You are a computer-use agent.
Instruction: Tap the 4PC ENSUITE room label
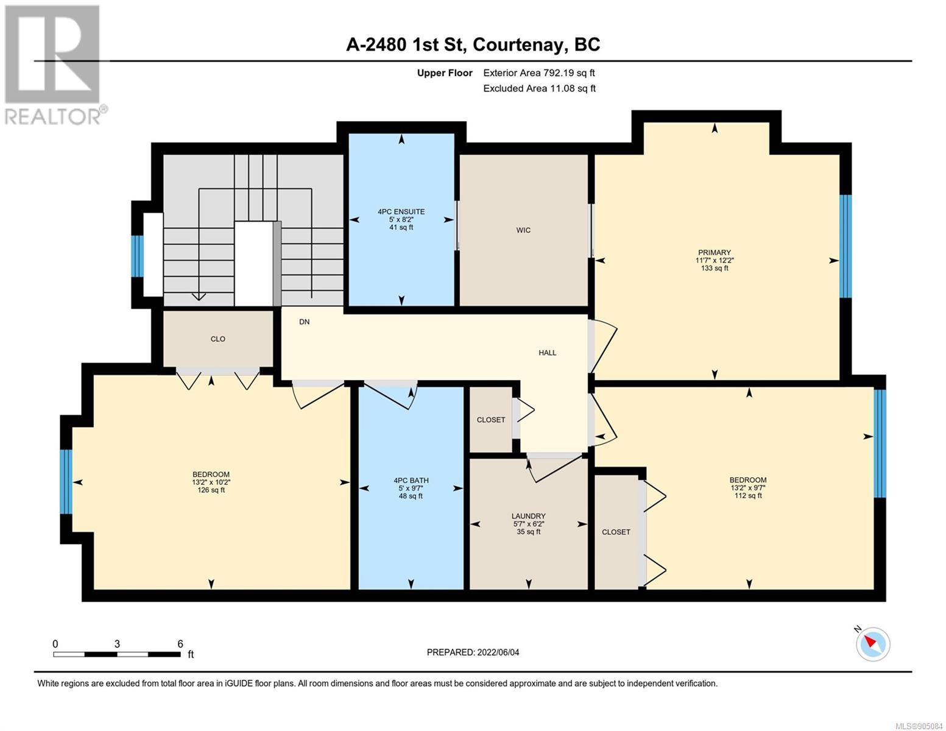point(401,211)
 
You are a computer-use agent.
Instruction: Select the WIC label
point(523,230)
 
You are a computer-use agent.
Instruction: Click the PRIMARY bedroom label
point(715,253)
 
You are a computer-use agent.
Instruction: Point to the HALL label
point(547,353)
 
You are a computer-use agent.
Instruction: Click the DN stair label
point(305,322)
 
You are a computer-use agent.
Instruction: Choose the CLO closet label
point(217,339)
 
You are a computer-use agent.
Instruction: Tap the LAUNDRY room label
point(529,516)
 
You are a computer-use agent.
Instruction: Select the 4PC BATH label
point(411,480)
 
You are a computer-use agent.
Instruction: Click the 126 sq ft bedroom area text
point(211,490)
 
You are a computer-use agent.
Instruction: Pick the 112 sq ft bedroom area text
point(748,495)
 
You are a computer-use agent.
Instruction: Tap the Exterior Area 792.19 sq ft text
point(539,73)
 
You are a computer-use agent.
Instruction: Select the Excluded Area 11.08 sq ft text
point(539,88)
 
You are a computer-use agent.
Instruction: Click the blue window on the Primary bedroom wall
point(845,247)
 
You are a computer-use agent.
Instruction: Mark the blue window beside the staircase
point(137,256)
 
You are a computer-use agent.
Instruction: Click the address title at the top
point(473,45)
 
